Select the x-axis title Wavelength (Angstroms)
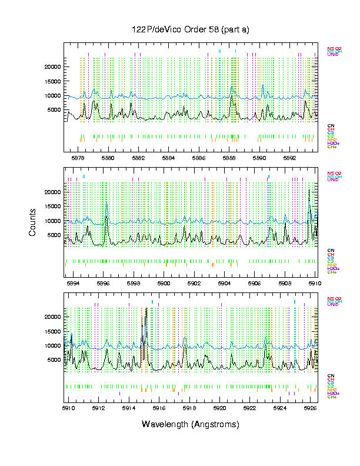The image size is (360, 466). tap(191, 424)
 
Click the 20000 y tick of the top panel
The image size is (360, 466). tap(53, 67)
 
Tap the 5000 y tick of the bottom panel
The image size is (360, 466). tap(55, 360)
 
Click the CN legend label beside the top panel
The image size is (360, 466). tap(331, 125)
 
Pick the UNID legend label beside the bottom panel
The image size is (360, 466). tap(334, 304)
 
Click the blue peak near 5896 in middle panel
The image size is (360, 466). tap(106, 205)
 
